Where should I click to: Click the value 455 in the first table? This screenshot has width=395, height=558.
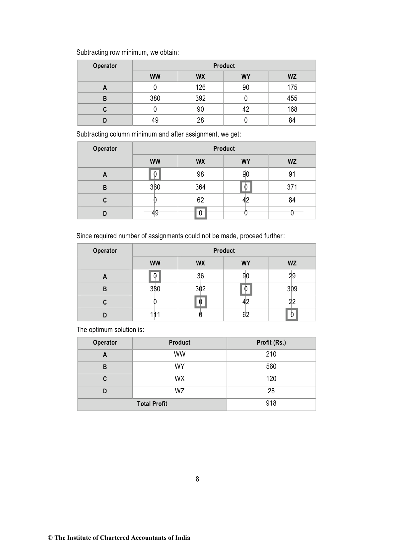pyautogui.click(x=292, y=98)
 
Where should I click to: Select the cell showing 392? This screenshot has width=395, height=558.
pyautogui.click(x=200, y=98)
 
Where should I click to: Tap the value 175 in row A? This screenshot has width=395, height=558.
pyautogui.click(x=292, y=87)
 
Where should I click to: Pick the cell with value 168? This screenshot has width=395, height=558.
pyautogui.click(x=292, y=109)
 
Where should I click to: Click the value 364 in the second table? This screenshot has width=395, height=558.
pyautogui.click(x=200, y=187)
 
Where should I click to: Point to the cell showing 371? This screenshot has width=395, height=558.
pyautogui.click(x=292, y=187)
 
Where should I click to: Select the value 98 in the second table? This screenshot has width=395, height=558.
pyautogui.click(x=200, y=174)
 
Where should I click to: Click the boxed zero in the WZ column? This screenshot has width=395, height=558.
pyautogui.click(x=292, y=314)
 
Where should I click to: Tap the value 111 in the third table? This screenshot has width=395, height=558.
pyautogui.click(x=155, y=314)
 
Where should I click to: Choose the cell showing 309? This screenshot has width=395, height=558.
pyautogui.click(x=292, y=289)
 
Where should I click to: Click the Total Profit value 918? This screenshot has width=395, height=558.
pyautogui.click(x=271, y=403)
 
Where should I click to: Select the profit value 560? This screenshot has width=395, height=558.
pyautogui.click(x=271, y=366)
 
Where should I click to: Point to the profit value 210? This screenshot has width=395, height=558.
pyautogui.click(x=271, y=354)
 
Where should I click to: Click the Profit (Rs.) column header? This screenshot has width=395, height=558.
pyautogui.click(x=271, y=343)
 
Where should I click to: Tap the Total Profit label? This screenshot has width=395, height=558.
pyautogui.click(x=152, y=404)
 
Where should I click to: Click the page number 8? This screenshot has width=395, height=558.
pyautogui.click(x=197, y=479)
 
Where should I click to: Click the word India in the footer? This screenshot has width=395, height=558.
pyautogui.click(x=182, y=538)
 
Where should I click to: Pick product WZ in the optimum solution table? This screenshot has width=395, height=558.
pyautogui.click(x=179, y=391)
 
